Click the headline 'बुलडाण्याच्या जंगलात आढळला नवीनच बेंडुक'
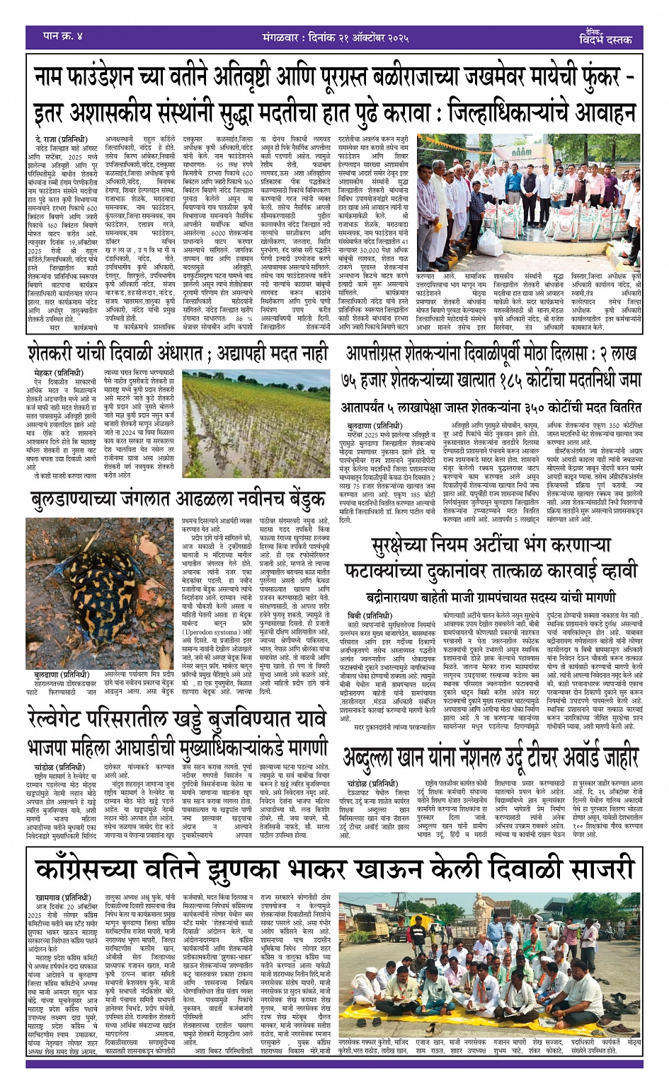177,501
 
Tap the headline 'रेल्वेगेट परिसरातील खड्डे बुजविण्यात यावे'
177,720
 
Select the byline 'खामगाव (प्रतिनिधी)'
62,898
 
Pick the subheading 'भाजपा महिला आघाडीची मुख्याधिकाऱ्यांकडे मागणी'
177,748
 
